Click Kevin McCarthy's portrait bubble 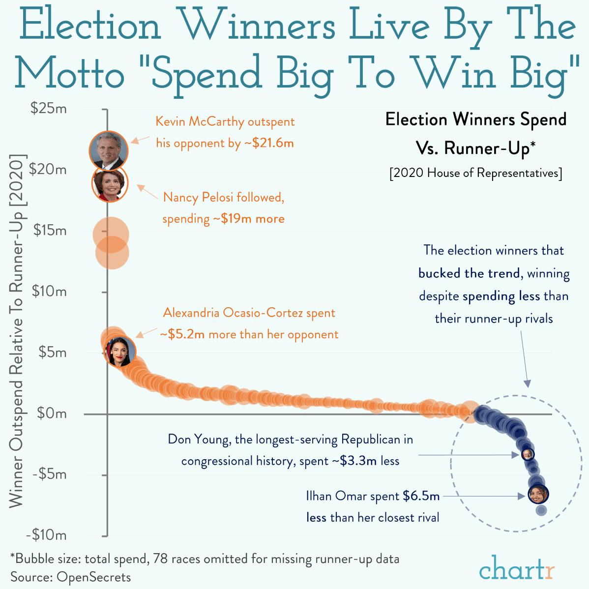tap(109, 150)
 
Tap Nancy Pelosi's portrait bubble tap(110, 184)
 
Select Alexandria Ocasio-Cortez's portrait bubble tap(119, 351)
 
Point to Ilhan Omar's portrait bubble tap(538, 494)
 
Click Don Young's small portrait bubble tap(528, 454)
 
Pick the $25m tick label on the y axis tap(48, 109)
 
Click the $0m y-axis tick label tap(51, 413)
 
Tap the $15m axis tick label tap(49, 231)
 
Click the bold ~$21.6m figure tap(269, 144)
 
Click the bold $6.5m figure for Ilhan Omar tap(421, 496)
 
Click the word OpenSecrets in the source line tap(94, 577)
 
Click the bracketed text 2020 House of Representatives tap(475, 173)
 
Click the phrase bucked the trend tap(469, 273)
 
